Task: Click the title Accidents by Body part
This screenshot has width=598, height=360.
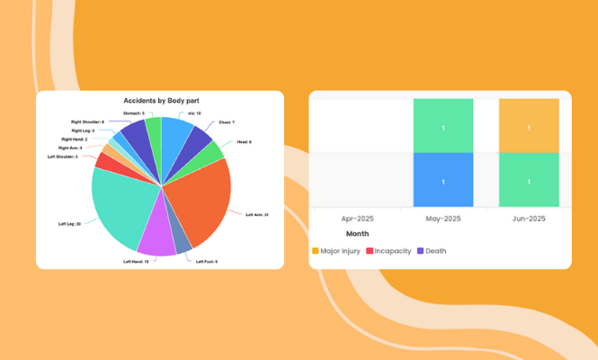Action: [160, 101]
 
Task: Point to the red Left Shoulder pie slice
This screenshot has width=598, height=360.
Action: [103, 162]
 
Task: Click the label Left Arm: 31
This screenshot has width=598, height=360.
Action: [257, 214]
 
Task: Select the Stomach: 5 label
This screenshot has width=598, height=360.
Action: [133, 113]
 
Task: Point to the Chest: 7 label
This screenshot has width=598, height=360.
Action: [227, 122]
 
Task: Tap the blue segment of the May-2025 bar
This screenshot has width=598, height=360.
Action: [443, 181]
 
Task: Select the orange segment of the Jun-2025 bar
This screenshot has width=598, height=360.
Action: [529, 126]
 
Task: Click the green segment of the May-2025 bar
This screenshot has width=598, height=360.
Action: [443, 126]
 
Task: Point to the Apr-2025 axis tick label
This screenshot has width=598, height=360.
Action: [357, 218]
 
